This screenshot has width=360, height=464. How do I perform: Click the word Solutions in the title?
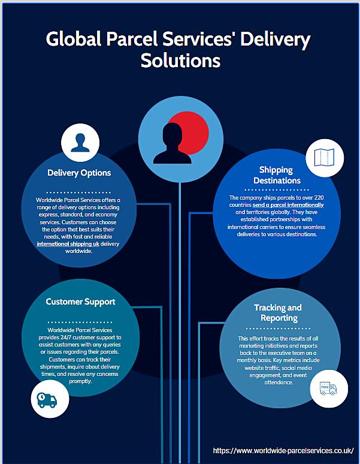coord(180,61)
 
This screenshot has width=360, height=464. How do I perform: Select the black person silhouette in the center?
coord(173,143)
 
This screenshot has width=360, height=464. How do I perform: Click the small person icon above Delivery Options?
coord(80,143)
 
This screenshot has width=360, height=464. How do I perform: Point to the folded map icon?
coord(324,157)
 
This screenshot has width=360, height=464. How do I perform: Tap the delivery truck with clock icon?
coord(47,400)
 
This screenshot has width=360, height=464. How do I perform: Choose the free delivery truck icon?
coord(328,388)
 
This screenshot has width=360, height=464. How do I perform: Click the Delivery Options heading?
coord(79,173)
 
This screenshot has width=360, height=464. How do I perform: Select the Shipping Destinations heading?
coord(276,175)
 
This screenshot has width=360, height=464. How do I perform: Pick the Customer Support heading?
coord(80,302)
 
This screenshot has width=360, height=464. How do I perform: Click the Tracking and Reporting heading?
coord(278,312)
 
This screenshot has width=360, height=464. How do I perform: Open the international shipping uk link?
coord(68,244)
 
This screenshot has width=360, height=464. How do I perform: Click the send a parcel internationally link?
coord(288,205)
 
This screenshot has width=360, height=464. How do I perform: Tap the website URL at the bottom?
coord(283,451)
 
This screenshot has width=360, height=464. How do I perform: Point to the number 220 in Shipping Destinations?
coord(319,197)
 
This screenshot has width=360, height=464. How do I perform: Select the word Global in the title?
coord(74,39)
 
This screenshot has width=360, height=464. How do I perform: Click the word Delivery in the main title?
coord(275,40)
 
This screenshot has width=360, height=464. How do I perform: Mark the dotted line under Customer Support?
coord(80,323)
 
